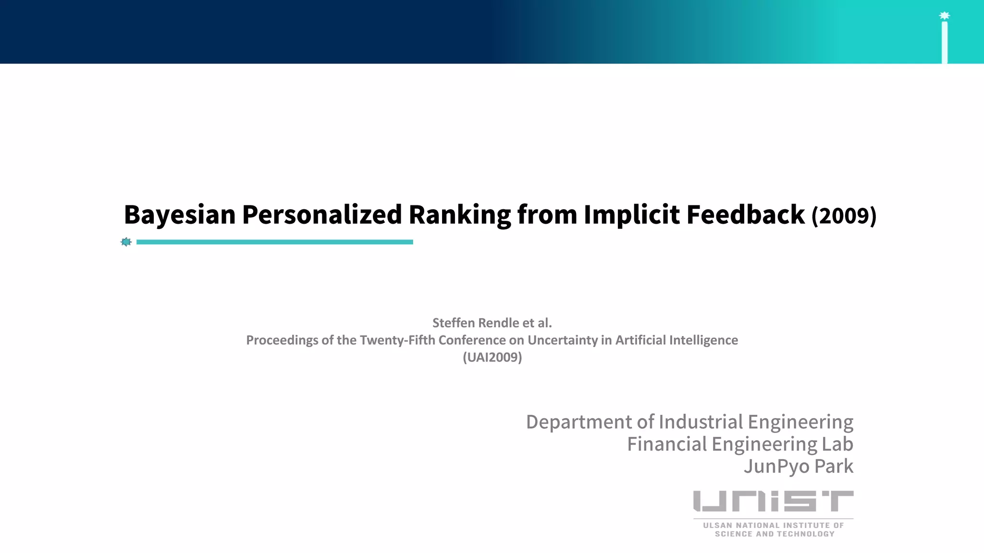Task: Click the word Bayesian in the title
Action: point(180,215)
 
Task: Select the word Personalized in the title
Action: point(322,215)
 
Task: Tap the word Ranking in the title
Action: point(460,215)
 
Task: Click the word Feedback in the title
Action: point(746,215)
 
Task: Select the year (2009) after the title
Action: point(844,216)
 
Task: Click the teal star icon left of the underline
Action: point(126,242)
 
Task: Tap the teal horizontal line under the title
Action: point(275,242)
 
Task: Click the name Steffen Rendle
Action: point(476,323)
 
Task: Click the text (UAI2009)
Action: point(492,358)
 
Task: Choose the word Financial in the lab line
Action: point(667,444)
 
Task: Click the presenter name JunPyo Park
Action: point(799,466)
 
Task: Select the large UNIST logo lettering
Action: point(773,501)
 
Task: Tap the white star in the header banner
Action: point(944,16)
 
